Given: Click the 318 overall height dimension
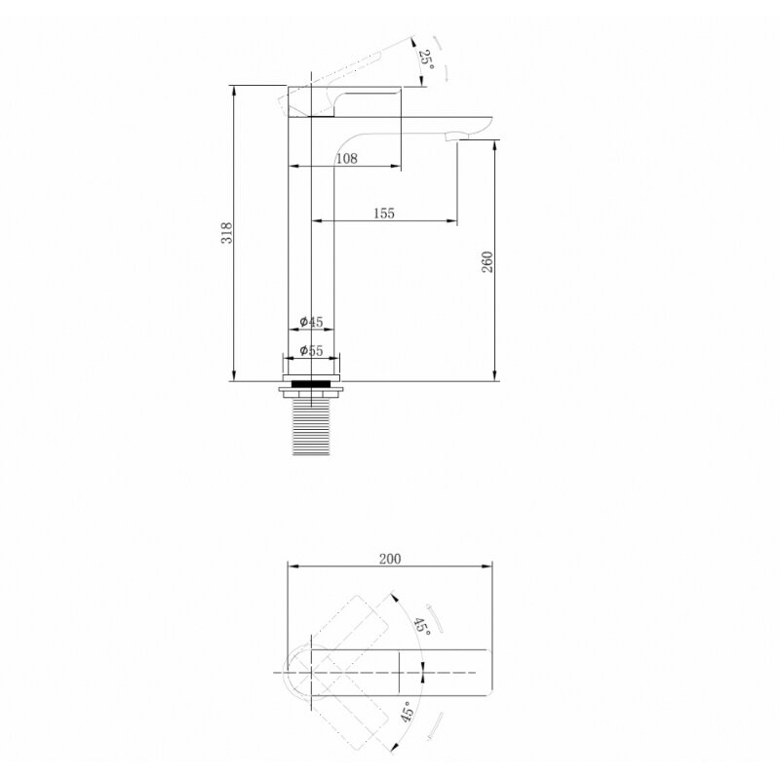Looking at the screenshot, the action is click(x=227, y=233).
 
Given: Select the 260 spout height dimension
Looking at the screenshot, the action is click(x=488, y=262).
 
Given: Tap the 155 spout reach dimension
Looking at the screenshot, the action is click(x=384, y=214).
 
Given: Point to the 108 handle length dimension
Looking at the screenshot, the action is click(x=347, y=159).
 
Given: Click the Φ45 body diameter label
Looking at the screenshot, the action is click(x=311, y=322).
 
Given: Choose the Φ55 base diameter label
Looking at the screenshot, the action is click(x=311, y=351).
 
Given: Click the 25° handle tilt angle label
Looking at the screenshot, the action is click(x=426, y=59).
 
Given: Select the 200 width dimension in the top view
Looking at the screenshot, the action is click(x=390, y=559).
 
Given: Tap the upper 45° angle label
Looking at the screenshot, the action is click(x=422, y=625).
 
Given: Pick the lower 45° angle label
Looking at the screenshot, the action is click(x=407, y=712).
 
